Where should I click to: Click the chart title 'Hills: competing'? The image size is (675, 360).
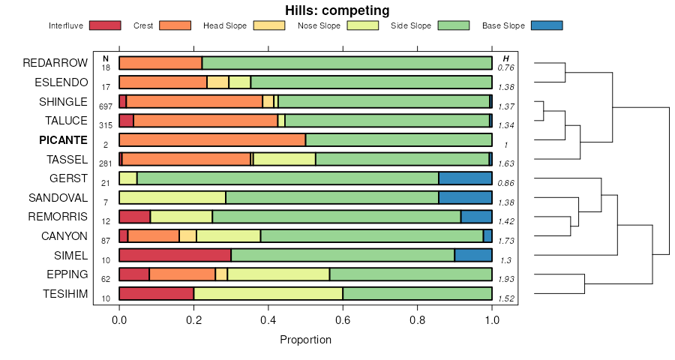[337, 10]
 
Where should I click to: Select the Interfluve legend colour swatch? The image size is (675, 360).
[104, 25]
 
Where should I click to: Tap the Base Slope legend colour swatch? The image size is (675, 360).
[546, 25]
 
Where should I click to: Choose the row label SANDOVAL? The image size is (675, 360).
[58, 198]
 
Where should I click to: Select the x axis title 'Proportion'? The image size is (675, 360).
[305, 340]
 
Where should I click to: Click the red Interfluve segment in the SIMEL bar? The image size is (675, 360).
[175, 255]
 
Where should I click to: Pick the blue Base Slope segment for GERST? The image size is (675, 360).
[465, 178]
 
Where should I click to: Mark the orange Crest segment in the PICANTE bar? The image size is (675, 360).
[212, 140]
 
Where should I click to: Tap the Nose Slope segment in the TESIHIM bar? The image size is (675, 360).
[268, 293]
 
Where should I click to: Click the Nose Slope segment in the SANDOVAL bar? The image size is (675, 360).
[172, 198]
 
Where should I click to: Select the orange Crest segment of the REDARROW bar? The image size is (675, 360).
[160, 64]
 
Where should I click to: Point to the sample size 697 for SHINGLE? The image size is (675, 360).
[106, 106]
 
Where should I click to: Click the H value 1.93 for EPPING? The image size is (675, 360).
[506, 279]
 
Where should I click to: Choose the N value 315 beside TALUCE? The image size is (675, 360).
[106, 125]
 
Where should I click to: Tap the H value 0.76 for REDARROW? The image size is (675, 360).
[506, 68]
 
